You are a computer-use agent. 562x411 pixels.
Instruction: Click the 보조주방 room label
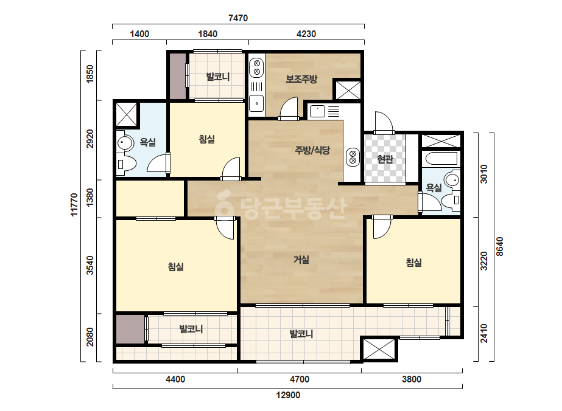[x=301, y=79]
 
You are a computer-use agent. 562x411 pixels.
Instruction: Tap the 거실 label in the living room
[x=301, y=259]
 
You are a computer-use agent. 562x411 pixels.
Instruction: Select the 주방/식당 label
[x=312, y=150]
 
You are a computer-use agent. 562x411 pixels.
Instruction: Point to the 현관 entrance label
[x=385, y=159]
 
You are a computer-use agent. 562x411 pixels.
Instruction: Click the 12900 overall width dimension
[x=288, y=395]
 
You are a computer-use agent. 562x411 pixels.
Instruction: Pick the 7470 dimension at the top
[x=238, y=18]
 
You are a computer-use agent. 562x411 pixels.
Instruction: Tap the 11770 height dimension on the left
[x=74, y=205]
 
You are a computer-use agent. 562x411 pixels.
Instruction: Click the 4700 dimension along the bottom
[x=300, y=379]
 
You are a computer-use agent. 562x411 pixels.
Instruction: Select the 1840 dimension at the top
[x=208, y=34]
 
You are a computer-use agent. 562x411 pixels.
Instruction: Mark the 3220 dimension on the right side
[x=484, y=261]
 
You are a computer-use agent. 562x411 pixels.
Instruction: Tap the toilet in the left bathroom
[x=127, y=165]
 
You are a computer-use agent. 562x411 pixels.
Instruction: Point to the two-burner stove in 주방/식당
[x=353, y=157]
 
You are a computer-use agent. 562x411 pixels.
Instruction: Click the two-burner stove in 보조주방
[x=256, y=67]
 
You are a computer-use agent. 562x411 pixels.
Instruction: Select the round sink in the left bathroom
[x=125, y=143]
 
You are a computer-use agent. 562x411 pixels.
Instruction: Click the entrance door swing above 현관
[x=384, y=123]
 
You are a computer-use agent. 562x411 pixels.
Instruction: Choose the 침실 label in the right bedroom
[x=413, y=263]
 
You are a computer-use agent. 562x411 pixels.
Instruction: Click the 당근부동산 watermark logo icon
[x=224, y=204]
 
